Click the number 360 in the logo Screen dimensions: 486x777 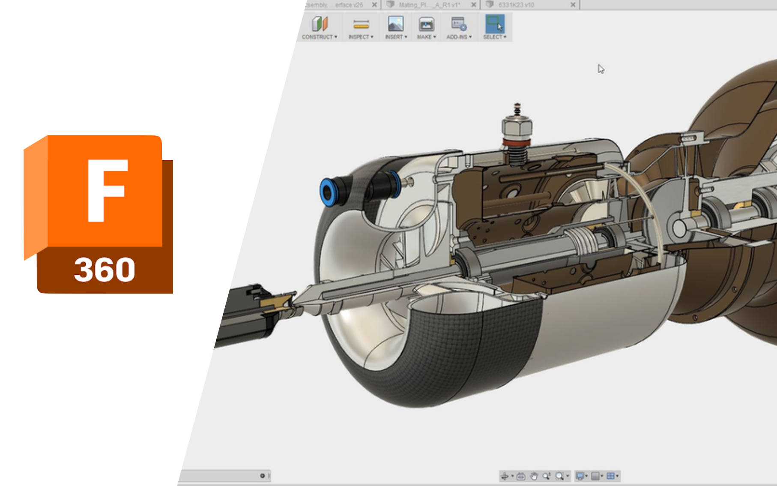[105, 270]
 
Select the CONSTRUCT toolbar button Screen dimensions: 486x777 [319, 27]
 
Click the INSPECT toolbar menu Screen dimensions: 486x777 [361, 27]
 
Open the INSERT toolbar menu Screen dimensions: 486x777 [395, 27]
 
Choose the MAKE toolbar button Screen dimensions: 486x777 [426, 27]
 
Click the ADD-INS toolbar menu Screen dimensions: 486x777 [459, 27]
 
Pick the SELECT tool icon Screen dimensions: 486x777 [495, 24]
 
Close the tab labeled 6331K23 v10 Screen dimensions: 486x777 [573, 5]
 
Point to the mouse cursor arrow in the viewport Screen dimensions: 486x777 [601, 69]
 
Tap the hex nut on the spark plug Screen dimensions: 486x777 [517, 127]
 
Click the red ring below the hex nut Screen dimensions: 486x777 [517, 142]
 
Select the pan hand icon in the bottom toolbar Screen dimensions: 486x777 [534, 476]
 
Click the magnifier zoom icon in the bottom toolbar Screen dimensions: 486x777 [559, 476]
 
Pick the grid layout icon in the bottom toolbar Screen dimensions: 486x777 [611, 476]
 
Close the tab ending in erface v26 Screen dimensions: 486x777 [374, 5]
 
